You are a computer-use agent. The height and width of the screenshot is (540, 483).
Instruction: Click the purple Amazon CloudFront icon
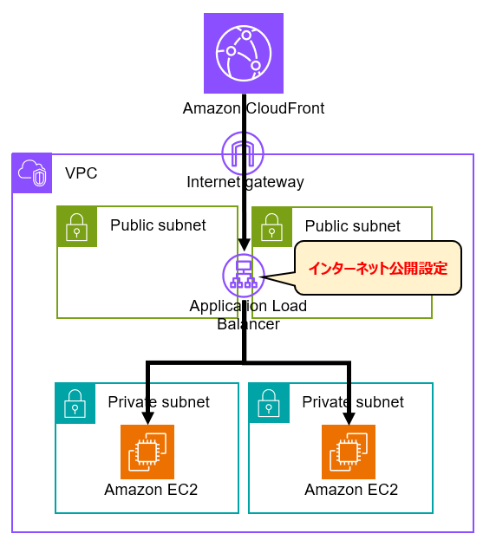[x=244, y=54]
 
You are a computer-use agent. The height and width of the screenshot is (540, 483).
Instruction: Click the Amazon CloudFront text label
[x=253, y=108]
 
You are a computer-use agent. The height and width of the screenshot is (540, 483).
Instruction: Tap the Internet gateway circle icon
[x=243, y=153]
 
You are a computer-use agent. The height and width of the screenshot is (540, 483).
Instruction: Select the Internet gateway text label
[x=245, y=182]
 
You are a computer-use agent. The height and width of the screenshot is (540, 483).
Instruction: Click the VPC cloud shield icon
[x=32, y=172]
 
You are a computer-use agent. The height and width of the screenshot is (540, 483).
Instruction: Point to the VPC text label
[x=82, y=173]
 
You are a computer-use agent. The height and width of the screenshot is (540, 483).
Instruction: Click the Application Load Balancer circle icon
[x=244, y=276]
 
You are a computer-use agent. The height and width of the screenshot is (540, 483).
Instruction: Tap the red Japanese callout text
[x=378, y=269]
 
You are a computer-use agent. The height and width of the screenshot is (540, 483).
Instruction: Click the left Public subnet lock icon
[x=77, y=226]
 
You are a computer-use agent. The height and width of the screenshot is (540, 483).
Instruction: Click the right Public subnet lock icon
[x=272, y=227]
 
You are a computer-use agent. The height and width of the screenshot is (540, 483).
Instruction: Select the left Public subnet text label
[x=158, y=225]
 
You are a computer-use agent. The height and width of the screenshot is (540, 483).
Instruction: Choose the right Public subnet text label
[x=353, y=226]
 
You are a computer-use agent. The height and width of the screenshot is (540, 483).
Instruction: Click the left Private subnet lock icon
[x=75, y=403]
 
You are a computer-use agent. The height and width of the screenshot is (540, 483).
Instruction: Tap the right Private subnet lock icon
[x=269, y=403]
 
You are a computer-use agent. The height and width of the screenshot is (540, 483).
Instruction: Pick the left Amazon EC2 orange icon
[x=147, y=452]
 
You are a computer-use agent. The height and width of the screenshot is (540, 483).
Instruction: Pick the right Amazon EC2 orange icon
[x=349, y=452]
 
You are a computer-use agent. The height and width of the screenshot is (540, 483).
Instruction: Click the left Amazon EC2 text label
[x=151, y=490]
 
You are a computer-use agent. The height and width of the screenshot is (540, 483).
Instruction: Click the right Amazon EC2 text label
[x=351, y=490]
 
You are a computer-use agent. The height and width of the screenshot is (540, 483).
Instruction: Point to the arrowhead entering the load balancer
[x=244, y=244]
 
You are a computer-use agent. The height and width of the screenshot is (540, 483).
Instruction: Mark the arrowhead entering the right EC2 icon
[x=349, y=419]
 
